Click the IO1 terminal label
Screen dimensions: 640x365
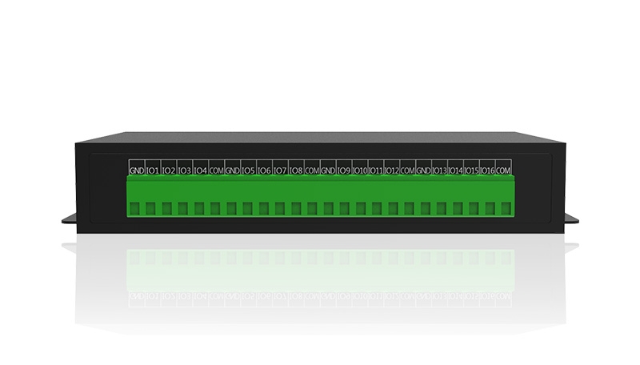153,170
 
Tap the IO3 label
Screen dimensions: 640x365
185,170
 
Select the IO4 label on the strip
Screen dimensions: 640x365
201,170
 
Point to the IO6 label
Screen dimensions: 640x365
265,170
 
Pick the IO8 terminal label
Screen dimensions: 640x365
296,170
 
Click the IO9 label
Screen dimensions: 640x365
344,170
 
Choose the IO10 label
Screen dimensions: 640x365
360,170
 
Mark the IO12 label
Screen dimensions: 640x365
392,170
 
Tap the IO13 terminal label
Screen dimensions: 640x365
439,170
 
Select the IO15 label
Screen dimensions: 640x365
471,170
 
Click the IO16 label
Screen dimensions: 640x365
487,170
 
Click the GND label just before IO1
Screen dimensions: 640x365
137,170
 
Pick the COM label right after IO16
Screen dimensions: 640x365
503,170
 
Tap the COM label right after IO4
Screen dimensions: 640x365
216,170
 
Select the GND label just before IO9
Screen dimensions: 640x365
328,170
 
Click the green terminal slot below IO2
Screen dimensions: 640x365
166,209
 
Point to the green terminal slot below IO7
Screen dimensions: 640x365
279,209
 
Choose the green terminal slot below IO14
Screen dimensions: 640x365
458,209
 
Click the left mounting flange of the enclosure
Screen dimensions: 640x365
69,218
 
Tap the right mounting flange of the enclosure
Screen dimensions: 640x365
572,218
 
